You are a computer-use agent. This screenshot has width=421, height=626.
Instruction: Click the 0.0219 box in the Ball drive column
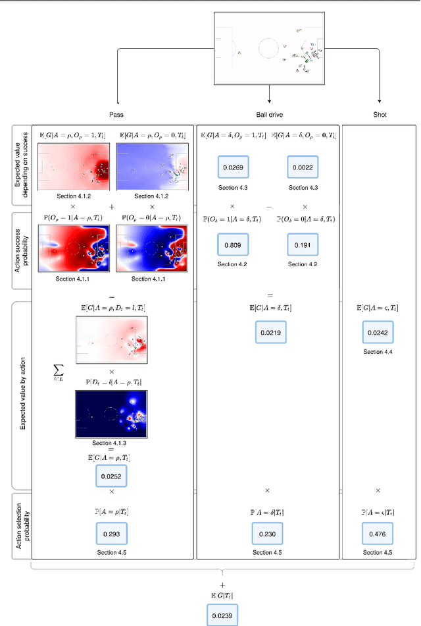[x=270, y=333]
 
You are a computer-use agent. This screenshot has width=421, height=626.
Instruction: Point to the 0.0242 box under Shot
[x=378, y=333]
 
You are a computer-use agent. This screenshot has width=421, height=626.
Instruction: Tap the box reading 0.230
[x=270, y=533]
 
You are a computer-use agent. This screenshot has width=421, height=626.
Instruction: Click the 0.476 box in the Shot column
[x=378, y=533]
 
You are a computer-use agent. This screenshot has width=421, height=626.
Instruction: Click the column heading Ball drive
[x=270, y=114]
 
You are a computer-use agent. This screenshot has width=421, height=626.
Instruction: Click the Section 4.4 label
[x=378, y=353]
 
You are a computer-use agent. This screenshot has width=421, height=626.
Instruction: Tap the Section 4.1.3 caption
[x=112, y=443]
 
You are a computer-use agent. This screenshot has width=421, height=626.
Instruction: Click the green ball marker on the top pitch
[x=305, y=61]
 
